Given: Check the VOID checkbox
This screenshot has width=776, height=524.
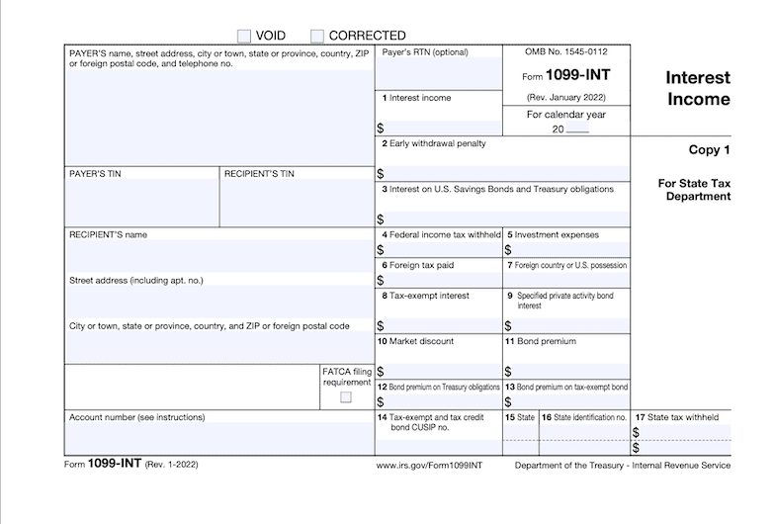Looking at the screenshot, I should pos(245,36).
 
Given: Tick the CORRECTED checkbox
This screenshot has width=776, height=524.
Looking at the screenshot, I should pos(317,36).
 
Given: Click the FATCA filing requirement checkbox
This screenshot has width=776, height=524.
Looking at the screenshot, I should pos(345,397).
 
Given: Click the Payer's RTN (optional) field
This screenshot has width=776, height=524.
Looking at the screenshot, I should pos(438,72).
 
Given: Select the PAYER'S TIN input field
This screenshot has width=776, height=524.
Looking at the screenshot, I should pos(141,204).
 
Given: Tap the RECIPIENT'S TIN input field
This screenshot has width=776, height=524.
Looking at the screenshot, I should pos(296,204).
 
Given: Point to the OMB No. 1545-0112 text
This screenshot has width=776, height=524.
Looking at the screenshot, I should pos(566,50).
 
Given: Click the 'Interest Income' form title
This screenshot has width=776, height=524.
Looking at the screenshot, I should pos(696,88).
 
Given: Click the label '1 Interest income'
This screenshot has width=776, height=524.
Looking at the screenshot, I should pos(418,98).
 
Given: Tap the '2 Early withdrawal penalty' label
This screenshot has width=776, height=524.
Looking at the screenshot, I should pos(434,143).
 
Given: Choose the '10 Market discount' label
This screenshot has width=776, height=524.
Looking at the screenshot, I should pos(415,341).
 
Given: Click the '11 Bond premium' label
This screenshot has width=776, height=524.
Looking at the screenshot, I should pos(540,341).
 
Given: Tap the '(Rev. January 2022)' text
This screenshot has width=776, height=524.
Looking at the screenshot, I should pos(566,97).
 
